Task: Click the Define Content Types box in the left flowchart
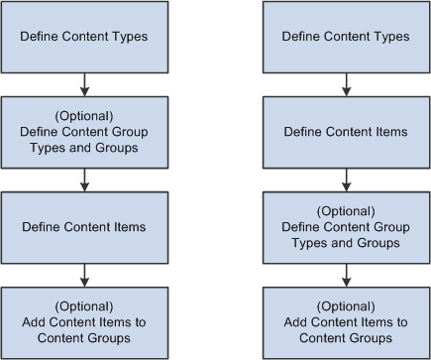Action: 84,38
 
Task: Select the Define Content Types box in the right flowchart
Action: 346,38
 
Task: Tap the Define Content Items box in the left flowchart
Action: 84,227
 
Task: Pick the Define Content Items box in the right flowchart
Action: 346,132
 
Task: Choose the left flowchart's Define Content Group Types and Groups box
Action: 84,132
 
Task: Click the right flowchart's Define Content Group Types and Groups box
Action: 346,227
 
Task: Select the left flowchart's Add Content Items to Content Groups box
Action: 84,322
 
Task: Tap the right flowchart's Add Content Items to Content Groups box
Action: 346,322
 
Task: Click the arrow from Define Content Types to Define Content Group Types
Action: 85,83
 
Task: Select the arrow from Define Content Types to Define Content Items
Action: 346,83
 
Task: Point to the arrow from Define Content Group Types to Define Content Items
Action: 85,179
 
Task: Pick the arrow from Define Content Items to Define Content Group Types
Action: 346,179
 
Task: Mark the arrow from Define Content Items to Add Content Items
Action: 85,274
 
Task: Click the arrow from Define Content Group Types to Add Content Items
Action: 346,274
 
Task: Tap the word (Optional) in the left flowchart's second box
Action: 84,116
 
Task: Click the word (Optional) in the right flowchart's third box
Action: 346,211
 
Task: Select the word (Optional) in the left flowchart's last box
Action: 84,306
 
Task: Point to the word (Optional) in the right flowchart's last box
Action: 346,306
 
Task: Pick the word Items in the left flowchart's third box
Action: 130,227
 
